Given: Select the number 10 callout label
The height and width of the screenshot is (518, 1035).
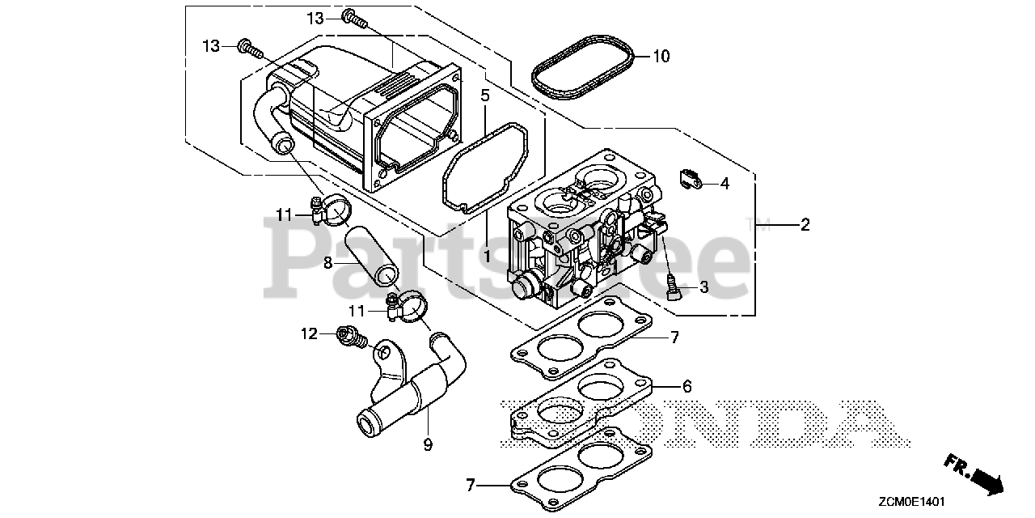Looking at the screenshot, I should tap(661, 57).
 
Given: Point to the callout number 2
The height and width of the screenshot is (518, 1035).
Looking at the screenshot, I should tap(805, 225).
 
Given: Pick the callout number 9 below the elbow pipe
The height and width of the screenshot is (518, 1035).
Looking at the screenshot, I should tap(428, 444).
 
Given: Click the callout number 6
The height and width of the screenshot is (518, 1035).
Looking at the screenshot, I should tap(686, 387).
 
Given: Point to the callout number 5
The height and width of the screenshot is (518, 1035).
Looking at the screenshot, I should tap(485, 96).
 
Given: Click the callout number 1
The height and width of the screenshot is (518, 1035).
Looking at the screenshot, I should tap(487, 255).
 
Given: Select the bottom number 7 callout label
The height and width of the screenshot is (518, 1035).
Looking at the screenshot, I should tap(470, 486).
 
